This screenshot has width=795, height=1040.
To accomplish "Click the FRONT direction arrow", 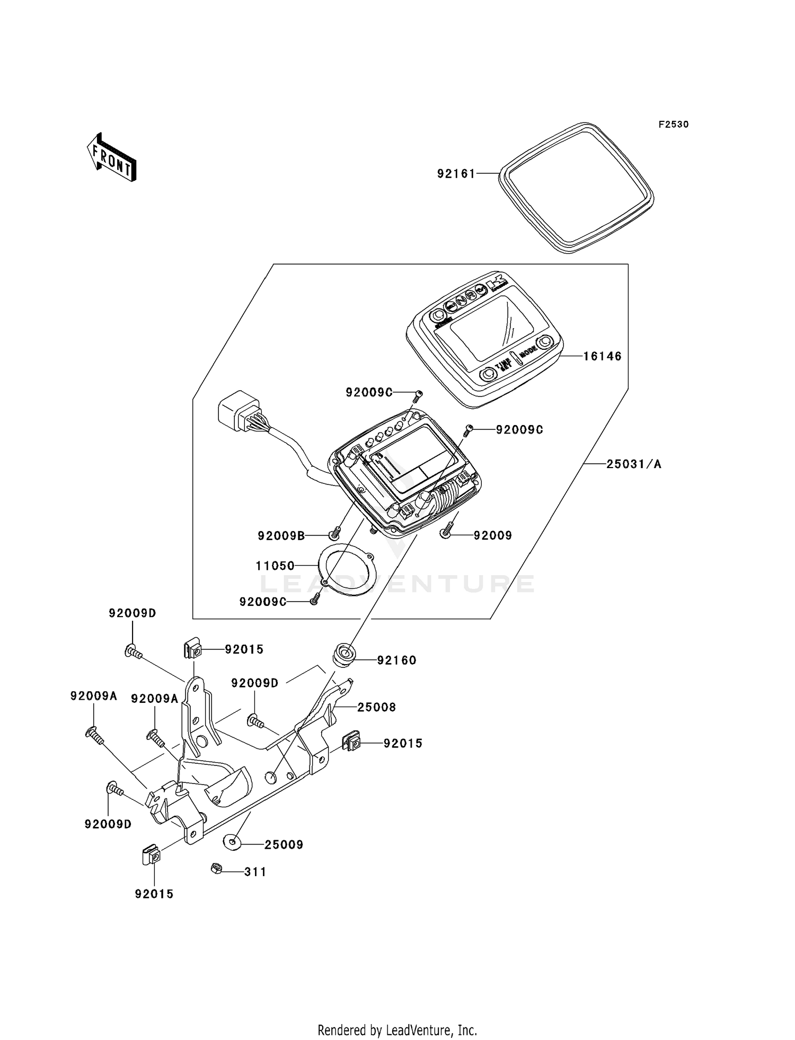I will (x=112, y=157).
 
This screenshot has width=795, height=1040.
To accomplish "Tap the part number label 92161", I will (x=456, y=174).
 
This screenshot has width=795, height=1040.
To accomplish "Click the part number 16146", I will (x=602, y=357).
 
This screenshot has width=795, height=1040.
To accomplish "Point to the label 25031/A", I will (x=634, y=464).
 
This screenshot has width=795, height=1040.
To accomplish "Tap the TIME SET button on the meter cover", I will (x=487, y=375).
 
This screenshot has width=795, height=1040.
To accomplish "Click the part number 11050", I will (x=275, y=566).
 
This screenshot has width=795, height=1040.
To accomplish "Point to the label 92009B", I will (x=281, y=536).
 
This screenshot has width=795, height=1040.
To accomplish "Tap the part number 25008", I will (x=376, y=707).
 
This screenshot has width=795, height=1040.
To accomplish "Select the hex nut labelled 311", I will (x=216, y=868).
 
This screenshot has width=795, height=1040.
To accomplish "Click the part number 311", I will (x=255, y=872).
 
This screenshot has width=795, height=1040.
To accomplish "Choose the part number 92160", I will (x=396, y=660).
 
